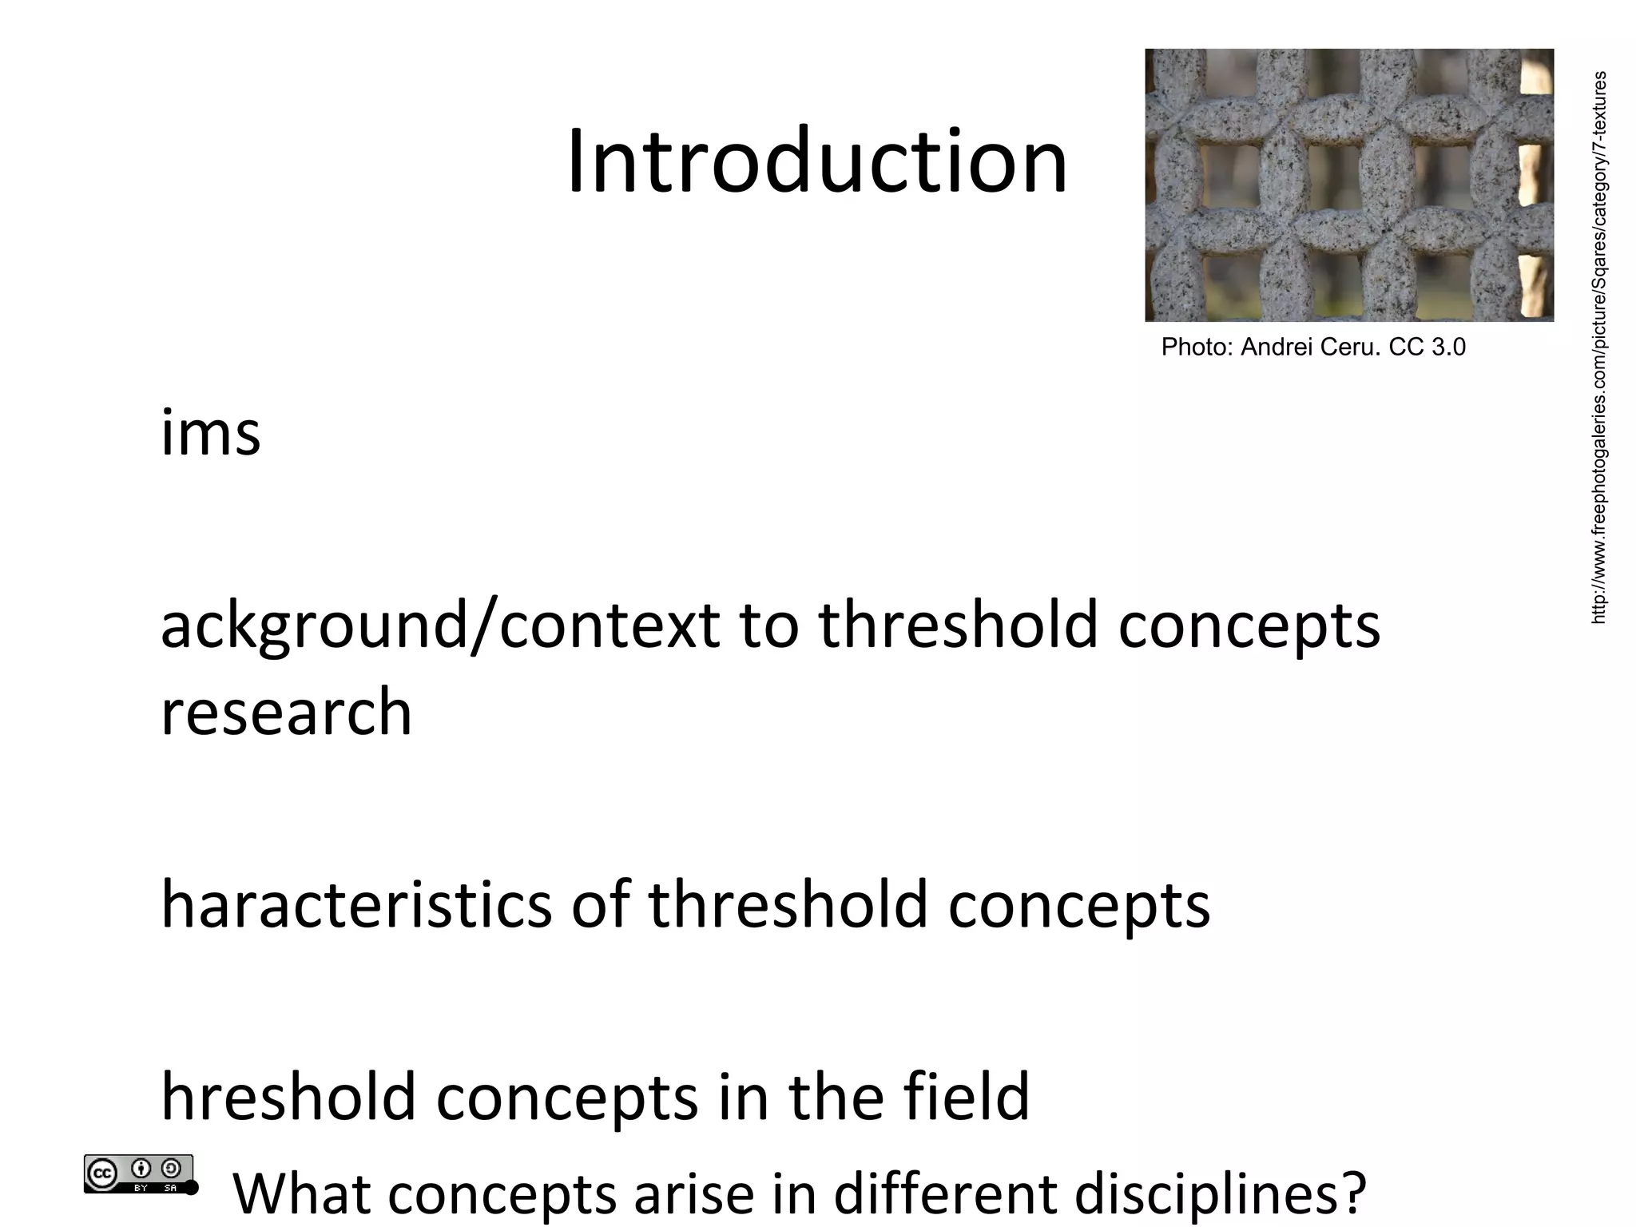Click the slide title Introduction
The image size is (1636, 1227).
click(x=816, y=162)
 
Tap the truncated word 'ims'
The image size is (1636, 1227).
click(x=211, y=434)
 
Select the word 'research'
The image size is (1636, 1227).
click(x=286, y=712)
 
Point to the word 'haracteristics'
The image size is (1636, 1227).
click(x=356, y=905)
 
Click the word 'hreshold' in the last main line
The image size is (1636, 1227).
click(x=288, y=1097)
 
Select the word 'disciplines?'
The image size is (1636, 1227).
click(x=1221, y=1193)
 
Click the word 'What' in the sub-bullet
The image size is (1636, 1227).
click(x=301, y=1193)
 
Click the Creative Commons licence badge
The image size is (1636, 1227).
click(x=138, y=1173)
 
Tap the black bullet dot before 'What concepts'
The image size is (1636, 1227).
click(x=191, y=1188)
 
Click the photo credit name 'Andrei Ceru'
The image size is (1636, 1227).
click(x=1309, y=347)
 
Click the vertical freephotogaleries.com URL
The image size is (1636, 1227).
click(x=1598, y=347)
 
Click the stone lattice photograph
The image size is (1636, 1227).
click(x=1348, y=185)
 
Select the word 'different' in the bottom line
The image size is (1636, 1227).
click(x=946, y=1193)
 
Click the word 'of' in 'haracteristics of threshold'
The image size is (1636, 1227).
click(x=600, y=905)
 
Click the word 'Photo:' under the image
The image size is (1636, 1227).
click(x=1197, y=347)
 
